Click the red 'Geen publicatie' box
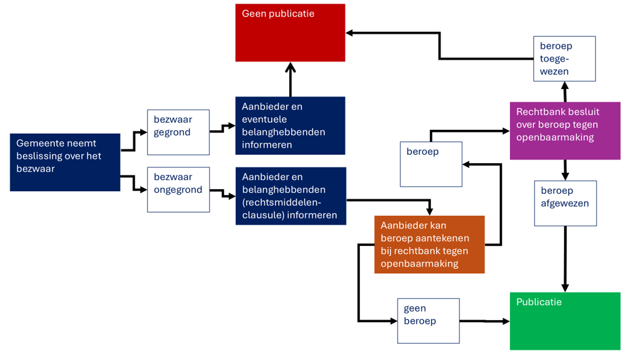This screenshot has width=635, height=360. pyautogui.click(x=290, y=32)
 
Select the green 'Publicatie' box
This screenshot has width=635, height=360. pyautogui.click(x=565, y=321)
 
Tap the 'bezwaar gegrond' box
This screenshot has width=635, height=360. pyautogui.click(x=178, y=132)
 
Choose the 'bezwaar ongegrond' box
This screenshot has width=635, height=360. pyautogui.click(x=178, y=189)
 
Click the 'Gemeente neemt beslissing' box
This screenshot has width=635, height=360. pyautogui.click(x=65, y=162)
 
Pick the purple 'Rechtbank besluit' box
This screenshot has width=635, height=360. pyautogui.click(x=565, y=130)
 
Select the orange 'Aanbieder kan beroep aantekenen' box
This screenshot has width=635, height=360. pyautogui.click(x=429, y=244)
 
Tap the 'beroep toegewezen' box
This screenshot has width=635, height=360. pyautogui.click(x=564, y=58)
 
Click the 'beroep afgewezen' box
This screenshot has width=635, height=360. pyautogui.click(x=565, y=203)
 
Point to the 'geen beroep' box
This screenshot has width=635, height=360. pyautogui.click(x=429, y=320)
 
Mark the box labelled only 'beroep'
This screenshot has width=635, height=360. pyautogui.click(x=431, y=164)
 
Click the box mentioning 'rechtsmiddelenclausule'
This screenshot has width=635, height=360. pyautogui.click(x=291, y=196)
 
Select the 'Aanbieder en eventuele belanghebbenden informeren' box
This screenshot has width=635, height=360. pyautogui.click(x=290, y=125)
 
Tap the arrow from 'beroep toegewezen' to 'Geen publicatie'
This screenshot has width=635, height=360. pyautogui.click(x=439, y=46)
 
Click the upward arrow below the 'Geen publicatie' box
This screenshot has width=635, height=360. pyautogui.click(x=290, y=80)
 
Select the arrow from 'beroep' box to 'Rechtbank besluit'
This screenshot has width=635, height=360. pyautogui.click(x=467, y=130)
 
